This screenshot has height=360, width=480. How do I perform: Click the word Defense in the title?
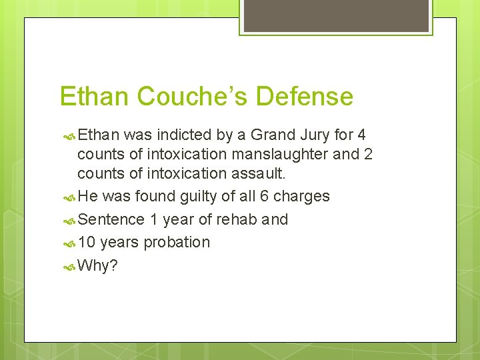(x=305, y=97)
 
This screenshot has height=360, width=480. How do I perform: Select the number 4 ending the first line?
(x=361, y=135)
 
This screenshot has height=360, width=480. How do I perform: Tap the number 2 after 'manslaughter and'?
(x=368, y=155)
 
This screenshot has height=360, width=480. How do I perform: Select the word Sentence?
(x=111, y=219)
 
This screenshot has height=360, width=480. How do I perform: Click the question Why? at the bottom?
(x=97, y=266)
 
